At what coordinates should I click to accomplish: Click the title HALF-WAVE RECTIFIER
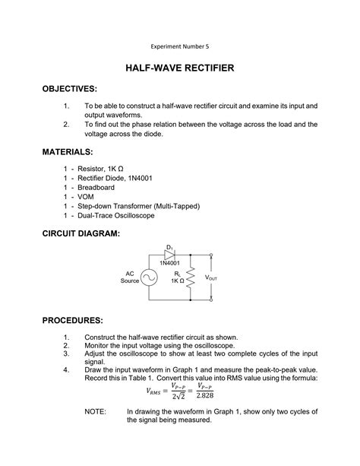[x=180, y=68]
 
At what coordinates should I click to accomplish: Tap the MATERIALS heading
[x=68, y=152]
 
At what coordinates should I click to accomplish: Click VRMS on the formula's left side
[x=158, y=391]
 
